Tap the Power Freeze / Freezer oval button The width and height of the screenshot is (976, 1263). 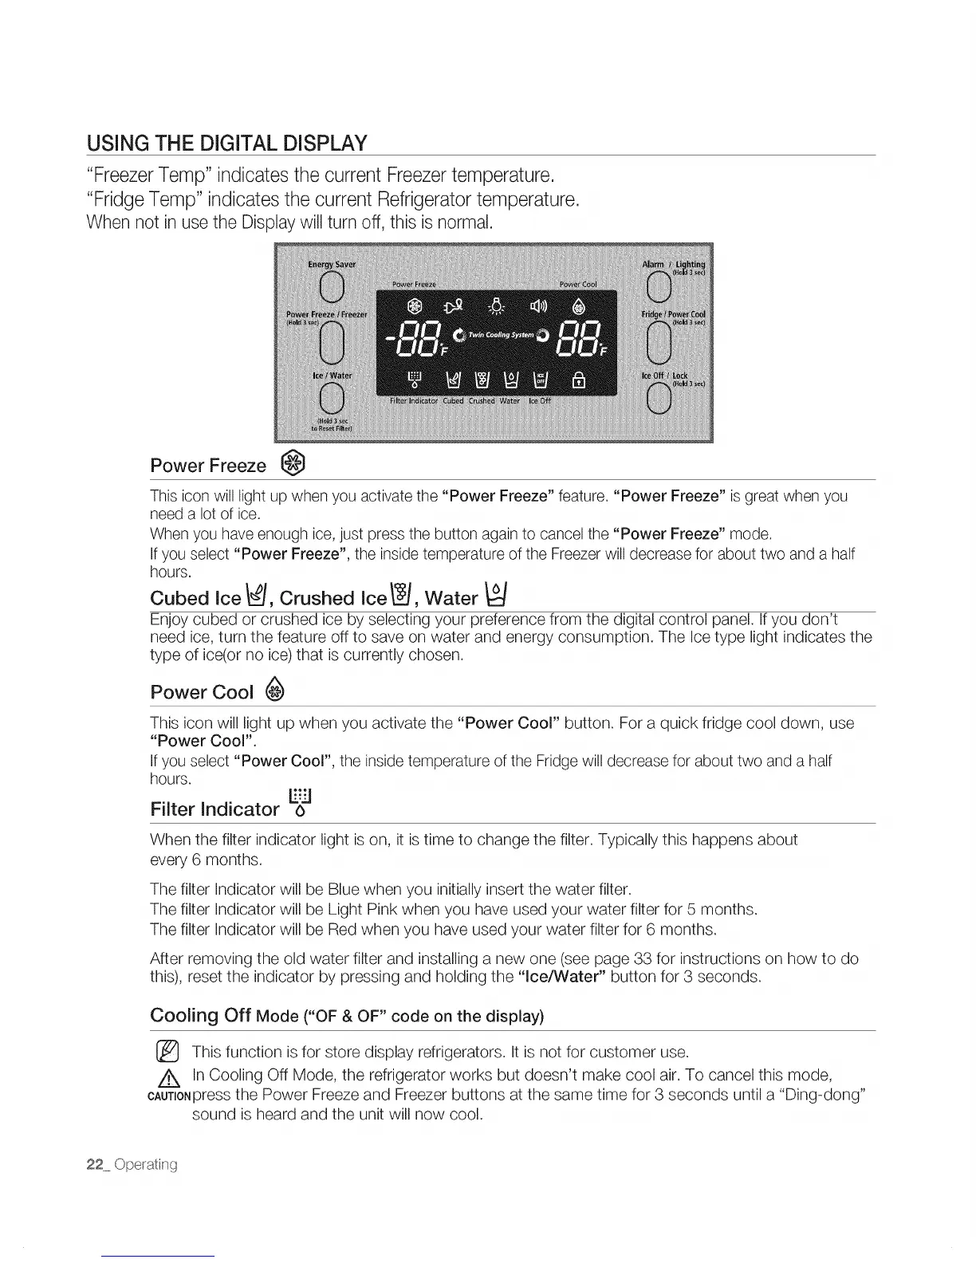331,344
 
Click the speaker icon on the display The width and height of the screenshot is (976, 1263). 537,306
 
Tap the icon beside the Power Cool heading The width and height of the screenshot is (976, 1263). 274,688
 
